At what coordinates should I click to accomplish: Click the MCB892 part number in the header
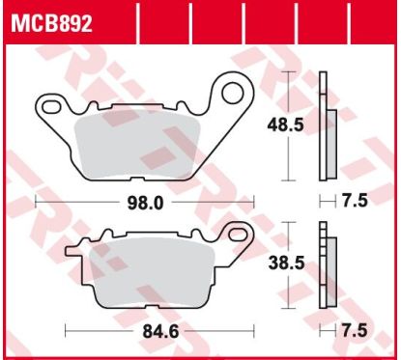point(51,23)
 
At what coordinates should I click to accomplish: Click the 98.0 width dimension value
point(145,203)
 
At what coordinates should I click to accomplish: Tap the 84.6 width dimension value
point(160,331)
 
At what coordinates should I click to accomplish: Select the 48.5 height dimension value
point(285,125)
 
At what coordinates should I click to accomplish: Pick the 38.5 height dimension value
point(287,263)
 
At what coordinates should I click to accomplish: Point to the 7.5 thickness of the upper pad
point(355,201)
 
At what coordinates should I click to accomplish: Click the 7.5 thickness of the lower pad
point(355,331)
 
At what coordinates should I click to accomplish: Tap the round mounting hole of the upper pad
point(233,94)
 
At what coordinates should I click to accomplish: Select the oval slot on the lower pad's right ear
point(239,234)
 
